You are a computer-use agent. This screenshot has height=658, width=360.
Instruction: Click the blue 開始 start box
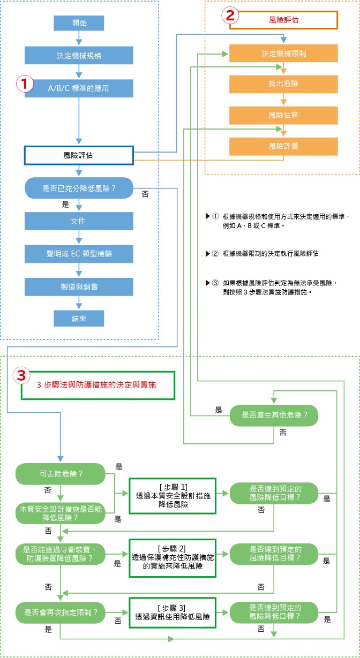click(x=79, y=23)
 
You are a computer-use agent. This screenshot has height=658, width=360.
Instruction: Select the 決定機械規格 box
click(x=79, y=55)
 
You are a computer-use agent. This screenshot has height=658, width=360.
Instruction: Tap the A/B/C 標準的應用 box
click(x=79, y=88)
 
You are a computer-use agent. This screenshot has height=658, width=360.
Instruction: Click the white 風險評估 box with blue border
click(x=79, y=155)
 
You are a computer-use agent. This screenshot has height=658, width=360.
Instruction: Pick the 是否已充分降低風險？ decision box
click(x=79, y=188)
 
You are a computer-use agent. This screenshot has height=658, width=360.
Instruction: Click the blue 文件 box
click(x=79, y=221)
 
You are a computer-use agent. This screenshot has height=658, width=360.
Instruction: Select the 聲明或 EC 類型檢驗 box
click(x=79, y=254)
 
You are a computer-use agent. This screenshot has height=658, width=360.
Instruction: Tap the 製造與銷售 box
click(x=79, y=286)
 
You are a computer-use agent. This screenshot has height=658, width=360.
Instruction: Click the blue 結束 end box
click(x=79, y=318)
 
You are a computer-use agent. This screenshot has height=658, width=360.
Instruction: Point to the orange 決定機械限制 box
click(x=284, y=54)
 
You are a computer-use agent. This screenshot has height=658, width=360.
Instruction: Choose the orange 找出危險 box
click(x=284, y=84)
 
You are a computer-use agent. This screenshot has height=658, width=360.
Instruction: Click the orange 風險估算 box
click(x=284, y=115)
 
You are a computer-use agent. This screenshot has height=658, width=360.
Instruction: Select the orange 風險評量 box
click(x=284, y=146)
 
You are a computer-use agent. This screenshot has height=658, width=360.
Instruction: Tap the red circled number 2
click(x=230, y=16)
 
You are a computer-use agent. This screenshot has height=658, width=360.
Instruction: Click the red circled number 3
click(x=21, y=376)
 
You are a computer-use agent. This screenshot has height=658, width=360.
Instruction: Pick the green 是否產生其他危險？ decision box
click(x=274, y=414)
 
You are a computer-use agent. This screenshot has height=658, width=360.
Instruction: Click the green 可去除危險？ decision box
click(x=61, y=474)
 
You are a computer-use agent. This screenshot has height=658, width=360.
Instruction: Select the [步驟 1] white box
click(x=172, y=496)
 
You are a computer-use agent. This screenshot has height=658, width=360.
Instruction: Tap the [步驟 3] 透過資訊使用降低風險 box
click(x=172, y=612)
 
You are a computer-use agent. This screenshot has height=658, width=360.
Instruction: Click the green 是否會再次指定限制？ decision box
click(x=61, y=611)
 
